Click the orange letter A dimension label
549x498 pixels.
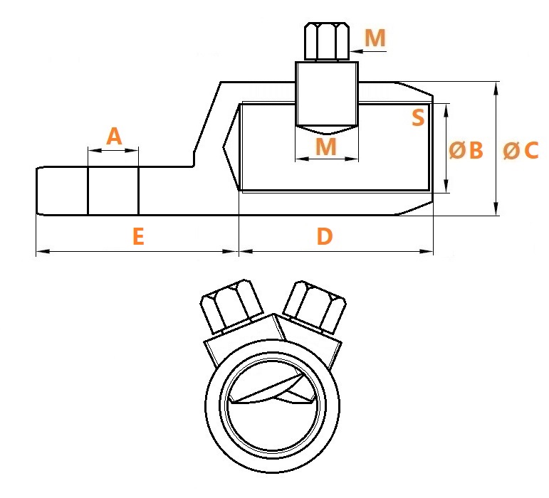coord(114,136)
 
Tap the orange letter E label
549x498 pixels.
coord(139,236)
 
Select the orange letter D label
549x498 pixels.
coord(325,236)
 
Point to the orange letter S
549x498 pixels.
coord(418,117)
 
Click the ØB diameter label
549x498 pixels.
coord(466,150)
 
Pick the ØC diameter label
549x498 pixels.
coord(521,150)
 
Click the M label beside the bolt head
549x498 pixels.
coord(375,38)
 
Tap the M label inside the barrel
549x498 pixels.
coord(326,146)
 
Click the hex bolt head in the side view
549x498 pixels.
coord(327,41)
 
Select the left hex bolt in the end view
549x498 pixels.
coord(231,306)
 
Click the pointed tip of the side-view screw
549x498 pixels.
coord(327,134)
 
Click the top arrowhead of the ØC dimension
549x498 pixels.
coord(496,88)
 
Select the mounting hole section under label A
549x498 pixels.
coord(113,191)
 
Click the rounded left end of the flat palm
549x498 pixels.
coord(39,191)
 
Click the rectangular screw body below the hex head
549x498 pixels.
coord(327,94)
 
